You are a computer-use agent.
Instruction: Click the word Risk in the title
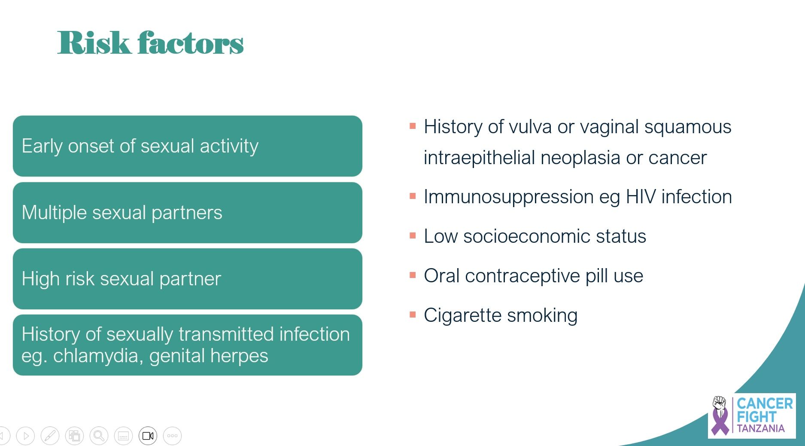click(x=94, y=43)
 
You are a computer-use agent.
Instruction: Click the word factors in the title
click(x=191, y=43)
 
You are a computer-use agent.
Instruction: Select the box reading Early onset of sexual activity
click(x=188, y=146)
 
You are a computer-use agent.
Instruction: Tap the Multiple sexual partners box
click(x=188, y=213)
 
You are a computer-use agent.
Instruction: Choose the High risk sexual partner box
click(x=188, y=279)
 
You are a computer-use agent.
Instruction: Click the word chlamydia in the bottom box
click(x=98, y=356)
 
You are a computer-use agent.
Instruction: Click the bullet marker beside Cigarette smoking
click(x=413, y=315)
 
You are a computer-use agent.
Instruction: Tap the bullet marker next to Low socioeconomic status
click(x=413, y=236)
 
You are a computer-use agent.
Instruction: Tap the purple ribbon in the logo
click(x=720, y=420)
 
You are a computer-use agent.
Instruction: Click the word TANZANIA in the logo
click(x=761, y=428)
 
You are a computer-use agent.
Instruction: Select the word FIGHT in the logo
click(x=756, y=417)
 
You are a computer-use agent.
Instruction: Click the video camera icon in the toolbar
click(x=148, y=436)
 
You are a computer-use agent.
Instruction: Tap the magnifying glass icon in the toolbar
click(x=99, y=436)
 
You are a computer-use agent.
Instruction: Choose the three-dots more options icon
click(x=173, y=436)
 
